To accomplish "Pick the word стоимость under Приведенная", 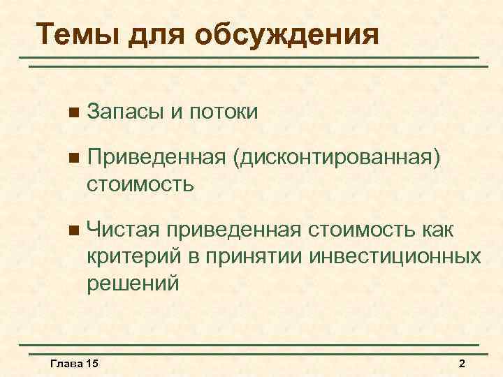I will (x=140, y=185).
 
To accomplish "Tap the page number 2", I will (x=461, y=364).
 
